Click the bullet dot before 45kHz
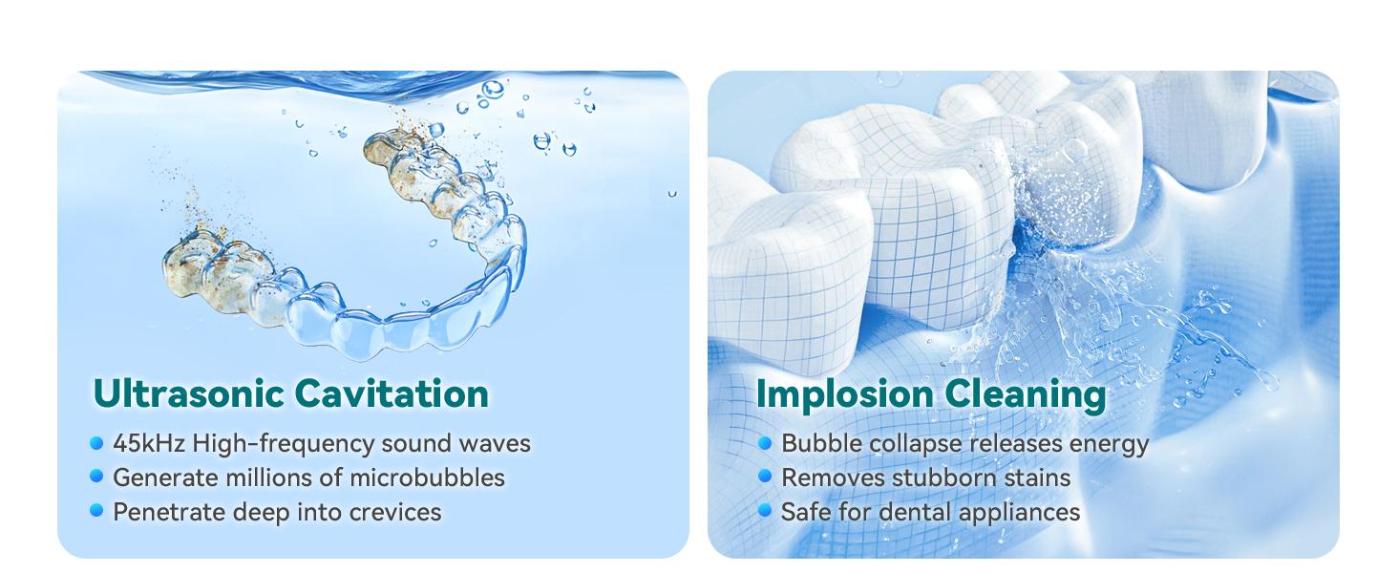pos(96,443)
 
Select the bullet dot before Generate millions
pos(96,476)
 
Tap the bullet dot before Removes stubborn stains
pos(765,476)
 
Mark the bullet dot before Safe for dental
pos(765,510)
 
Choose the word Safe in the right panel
pos(803,512)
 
